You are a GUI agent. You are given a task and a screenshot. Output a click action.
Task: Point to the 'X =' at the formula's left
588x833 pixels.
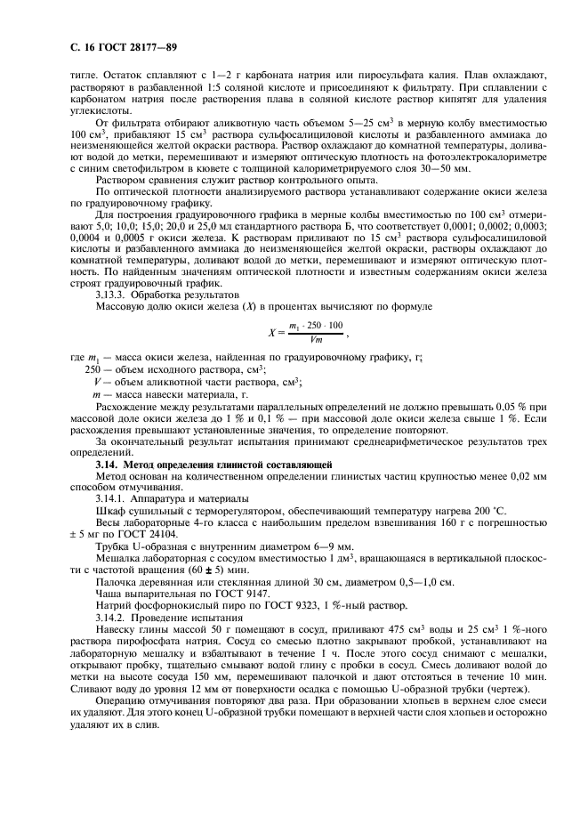275,333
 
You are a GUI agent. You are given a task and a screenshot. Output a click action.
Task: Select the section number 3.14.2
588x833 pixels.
110,615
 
